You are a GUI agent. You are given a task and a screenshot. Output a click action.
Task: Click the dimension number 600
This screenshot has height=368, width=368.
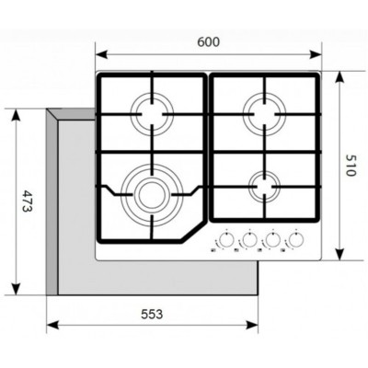coord(210,41)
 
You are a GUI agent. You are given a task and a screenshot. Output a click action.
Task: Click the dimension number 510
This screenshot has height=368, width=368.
coord(350,166)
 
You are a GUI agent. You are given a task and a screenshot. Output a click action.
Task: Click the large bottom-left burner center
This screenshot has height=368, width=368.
coord(148,193)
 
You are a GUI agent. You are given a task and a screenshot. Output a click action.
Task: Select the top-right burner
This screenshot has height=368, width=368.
coord(264,116)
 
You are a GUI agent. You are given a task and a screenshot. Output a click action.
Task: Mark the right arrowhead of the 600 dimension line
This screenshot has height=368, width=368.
coord(322,53)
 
